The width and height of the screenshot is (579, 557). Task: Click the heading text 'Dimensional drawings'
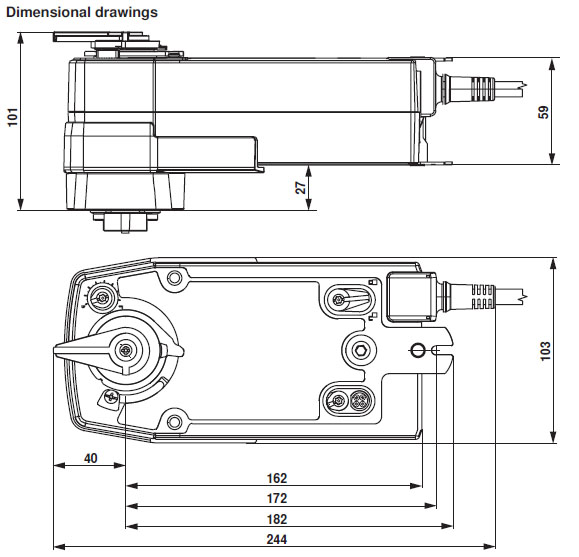82,13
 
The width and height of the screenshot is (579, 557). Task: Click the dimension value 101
13,117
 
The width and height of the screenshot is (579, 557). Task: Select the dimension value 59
543,112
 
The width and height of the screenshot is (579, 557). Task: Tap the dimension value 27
302,188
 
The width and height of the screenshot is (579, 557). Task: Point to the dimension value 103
545,351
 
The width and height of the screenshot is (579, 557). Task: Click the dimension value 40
90,458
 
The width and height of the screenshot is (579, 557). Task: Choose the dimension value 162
277,478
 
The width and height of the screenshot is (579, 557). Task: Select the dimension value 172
277,498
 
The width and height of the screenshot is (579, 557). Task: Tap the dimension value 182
277,519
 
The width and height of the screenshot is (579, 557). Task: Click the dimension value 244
277,539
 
